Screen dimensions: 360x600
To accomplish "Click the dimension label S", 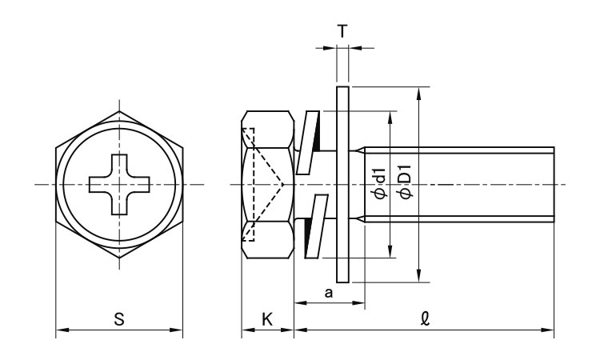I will [x=119, y=318].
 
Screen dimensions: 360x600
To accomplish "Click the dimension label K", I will [x=267, y=318].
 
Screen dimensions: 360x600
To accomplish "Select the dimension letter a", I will [x=328, y=293].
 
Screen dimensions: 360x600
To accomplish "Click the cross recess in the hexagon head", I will [x=119, y=185].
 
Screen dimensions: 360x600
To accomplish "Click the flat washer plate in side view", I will [x=342, y=184].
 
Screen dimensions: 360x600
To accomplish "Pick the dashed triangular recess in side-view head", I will [x=264, y=185].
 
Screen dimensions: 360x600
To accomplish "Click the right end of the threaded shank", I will [x=553, y=185].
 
